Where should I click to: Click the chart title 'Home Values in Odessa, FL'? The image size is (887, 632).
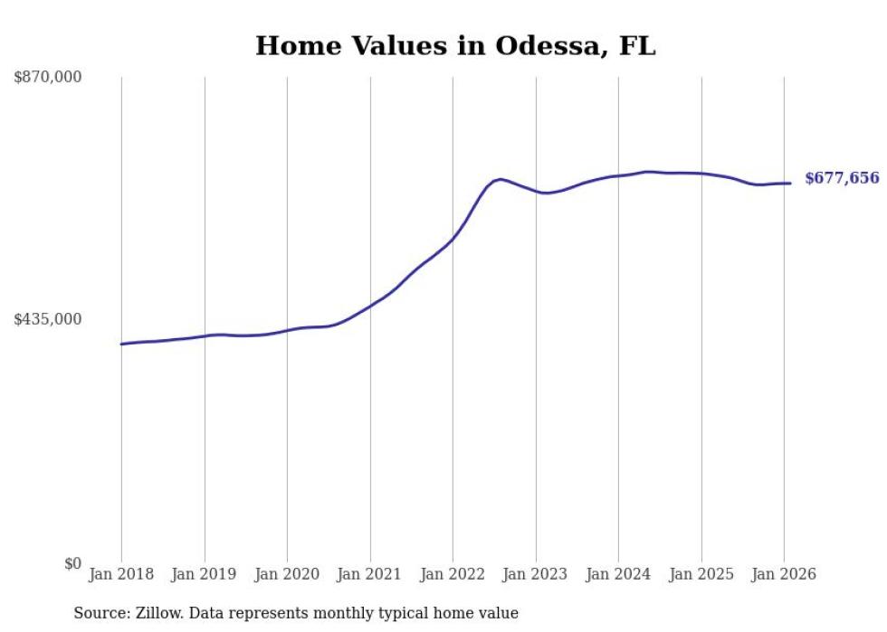coord(455,46)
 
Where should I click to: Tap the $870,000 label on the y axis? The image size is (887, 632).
coord(48,78)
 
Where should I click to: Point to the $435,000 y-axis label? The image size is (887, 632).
coord(48,319)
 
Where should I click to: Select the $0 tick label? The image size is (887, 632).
coord(72,563)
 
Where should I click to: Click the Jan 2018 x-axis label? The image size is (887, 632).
coord(121,574)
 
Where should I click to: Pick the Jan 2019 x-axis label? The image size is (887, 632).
coord(205,574)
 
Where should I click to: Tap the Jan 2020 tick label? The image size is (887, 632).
coord(287,574)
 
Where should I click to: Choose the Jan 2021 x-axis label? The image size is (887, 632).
coord(370,574)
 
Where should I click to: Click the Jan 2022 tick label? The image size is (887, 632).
coord(453,574)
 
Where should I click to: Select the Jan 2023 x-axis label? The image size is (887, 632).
coord(536,574)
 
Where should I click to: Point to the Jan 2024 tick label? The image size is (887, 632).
coord(618,574)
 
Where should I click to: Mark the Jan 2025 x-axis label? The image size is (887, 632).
coord(701,574)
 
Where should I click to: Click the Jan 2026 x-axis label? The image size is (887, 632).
coord(784,574)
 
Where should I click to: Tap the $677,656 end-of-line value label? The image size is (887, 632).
coord(842,178)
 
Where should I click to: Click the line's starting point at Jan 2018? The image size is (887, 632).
coord(121,344)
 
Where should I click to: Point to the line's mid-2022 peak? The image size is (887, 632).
coord(500,179)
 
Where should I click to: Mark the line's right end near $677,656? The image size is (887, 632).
coord(790,184)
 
